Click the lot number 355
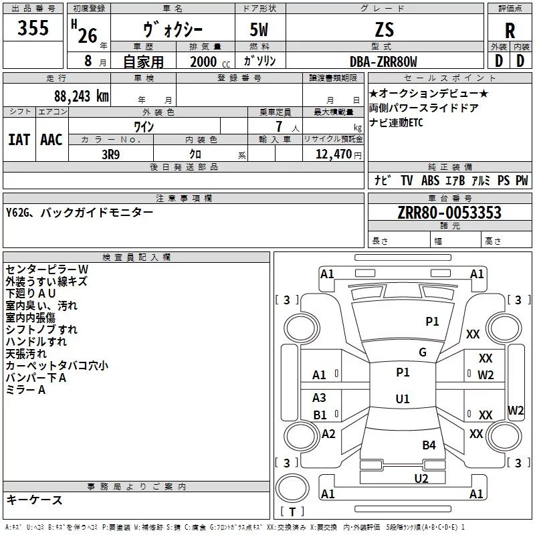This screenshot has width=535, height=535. (33, 27)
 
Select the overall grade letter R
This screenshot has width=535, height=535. (510, 31)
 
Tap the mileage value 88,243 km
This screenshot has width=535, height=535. (82, 96)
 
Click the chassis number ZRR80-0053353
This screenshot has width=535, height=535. (449, 213)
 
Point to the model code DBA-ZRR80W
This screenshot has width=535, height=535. (383, 62)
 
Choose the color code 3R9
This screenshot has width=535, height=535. (111, 154)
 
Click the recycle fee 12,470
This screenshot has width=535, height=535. (333, 154)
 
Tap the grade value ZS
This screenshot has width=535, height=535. (385, 29)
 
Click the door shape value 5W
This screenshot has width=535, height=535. (259, 29)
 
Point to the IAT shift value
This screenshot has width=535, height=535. (19, 140)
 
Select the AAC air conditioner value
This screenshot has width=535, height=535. (51, 140)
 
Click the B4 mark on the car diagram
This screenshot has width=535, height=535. (429, 445)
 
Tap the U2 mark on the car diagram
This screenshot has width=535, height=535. (421, 478)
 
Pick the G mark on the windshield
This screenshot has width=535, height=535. (423, 352)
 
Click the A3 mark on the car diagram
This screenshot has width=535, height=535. (319, 397)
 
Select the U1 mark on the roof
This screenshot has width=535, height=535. (403, 399)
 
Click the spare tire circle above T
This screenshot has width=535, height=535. (292, 488)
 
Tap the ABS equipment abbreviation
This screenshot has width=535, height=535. (430, 181)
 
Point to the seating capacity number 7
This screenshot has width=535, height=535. (279, 126)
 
